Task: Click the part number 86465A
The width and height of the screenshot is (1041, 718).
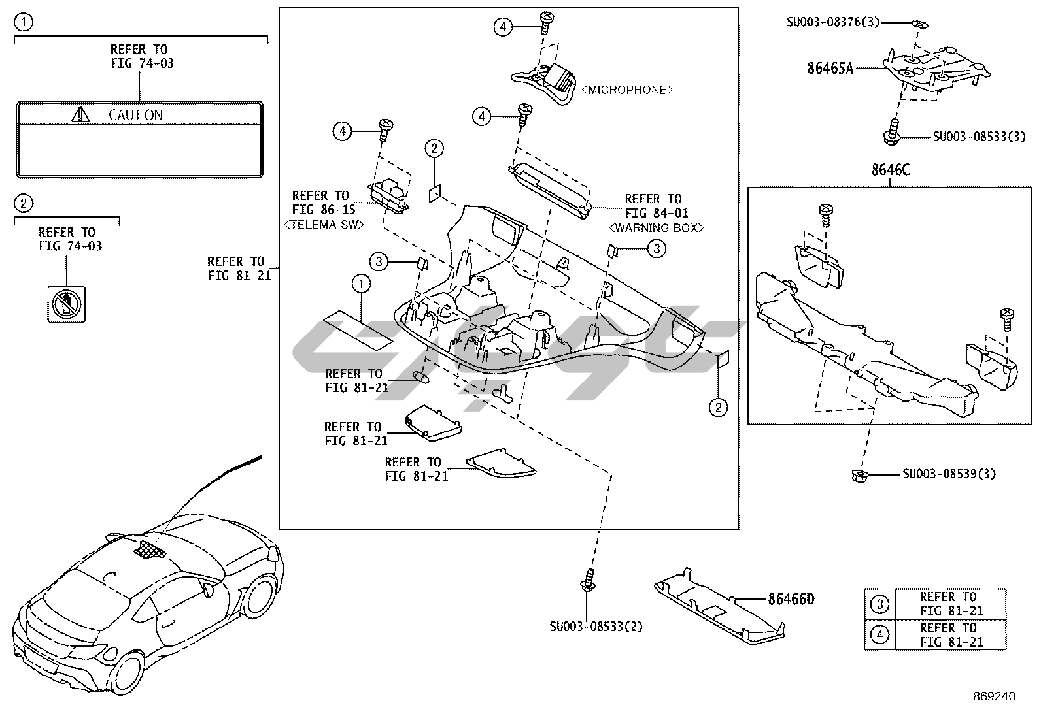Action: click(830, 67)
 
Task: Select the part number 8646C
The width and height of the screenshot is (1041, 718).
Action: click(889, 170)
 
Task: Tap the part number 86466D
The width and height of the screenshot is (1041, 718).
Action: click(791, 598)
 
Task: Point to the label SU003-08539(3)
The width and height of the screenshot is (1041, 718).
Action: click(949, 474)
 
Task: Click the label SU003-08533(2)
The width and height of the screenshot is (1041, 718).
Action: click(596, 627)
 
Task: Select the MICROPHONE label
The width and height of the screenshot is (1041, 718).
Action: click(626, 90)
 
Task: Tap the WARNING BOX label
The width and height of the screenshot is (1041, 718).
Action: click(656, 228)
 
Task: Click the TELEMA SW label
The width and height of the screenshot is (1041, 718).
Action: click(324, 225)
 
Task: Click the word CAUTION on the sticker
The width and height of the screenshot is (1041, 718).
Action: click(135, 115)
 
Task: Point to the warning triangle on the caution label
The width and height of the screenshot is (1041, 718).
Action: click(80, 115)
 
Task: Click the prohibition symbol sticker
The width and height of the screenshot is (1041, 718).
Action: click(66, 304)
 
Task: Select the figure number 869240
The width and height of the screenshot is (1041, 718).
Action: click(993, 696)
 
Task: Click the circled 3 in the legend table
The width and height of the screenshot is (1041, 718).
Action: click(879, 604)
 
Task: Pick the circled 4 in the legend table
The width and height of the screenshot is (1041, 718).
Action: click(879, 634)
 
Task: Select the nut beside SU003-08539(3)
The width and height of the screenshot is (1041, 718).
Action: click(860, 475)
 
